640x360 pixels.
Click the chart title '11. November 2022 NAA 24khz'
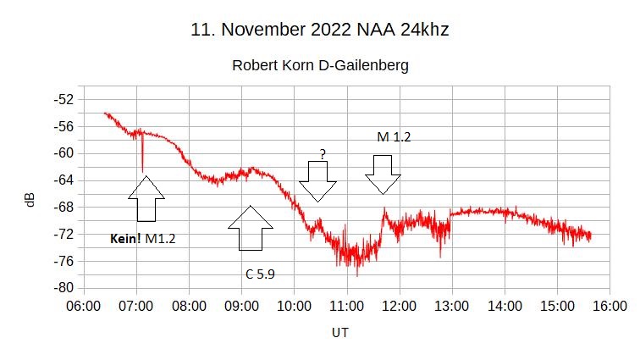(319, 30)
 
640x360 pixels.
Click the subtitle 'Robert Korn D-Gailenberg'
(320, 65)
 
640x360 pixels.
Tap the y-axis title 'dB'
(30, 200)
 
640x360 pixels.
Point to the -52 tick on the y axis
(63, 99)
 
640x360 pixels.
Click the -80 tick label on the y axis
(63, 287)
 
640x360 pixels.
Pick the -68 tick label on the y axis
(63, 207)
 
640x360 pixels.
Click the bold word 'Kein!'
(125, 240)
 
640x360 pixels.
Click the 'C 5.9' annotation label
(260, 274)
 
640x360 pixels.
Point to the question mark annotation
(322, 154)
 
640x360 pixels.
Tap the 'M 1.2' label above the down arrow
(394, 136)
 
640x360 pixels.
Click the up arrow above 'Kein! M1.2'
(146, 200)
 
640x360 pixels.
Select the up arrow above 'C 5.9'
(251, 228)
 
